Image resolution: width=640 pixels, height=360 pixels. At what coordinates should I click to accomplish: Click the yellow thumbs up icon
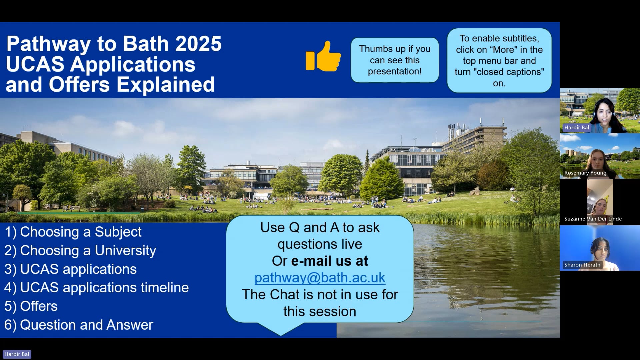tap(323, 57)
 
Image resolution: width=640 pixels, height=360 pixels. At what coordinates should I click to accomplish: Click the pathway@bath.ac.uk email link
tap(320, 278)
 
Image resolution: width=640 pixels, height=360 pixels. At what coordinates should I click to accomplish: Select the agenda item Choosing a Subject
tap(73, 232)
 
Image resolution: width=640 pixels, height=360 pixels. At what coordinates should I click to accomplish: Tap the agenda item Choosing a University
tap(80, 251)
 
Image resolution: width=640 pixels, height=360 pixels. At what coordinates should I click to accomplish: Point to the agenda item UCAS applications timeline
tap(96, 288)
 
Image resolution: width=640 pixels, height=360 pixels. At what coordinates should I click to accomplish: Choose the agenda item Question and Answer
tap(79, 325)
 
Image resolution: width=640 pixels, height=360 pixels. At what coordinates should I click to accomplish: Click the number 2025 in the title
tap(198, 44)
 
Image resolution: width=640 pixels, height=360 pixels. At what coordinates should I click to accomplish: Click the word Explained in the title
tap(165, 85)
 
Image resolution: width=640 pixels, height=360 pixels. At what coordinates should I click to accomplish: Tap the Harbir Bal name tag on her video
tap(576, 128)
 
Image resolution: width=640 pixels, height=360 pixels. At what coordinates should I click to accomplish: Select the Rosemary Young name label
tap(585, 173)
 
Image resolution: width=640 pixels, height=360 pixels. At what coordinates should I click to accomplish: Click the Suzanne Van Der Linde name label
tap(593, 219)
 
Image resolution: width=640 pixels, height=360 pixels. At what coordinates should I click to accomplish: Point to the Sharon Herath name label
tap(582, 265)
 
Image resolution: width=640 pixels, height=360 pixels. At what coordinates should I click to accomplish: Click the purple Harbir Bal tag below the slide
tap(17, 354)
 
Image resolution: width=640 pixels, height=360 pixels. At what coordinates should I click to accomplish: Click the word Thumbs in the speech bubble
tap(373, 49)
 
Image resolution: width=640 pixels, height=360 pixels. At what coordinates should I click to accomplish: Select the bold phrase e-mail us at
tap(329, 261)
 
